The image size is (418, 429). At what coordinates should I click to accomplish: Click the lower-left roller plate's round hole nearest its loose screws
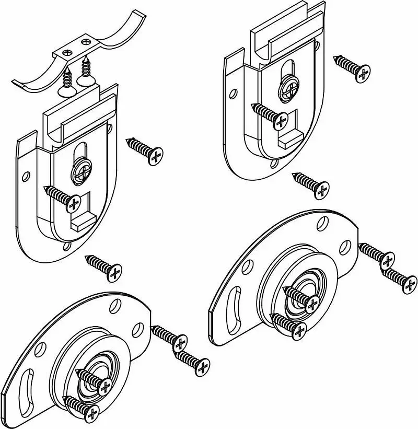[136, 329]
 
